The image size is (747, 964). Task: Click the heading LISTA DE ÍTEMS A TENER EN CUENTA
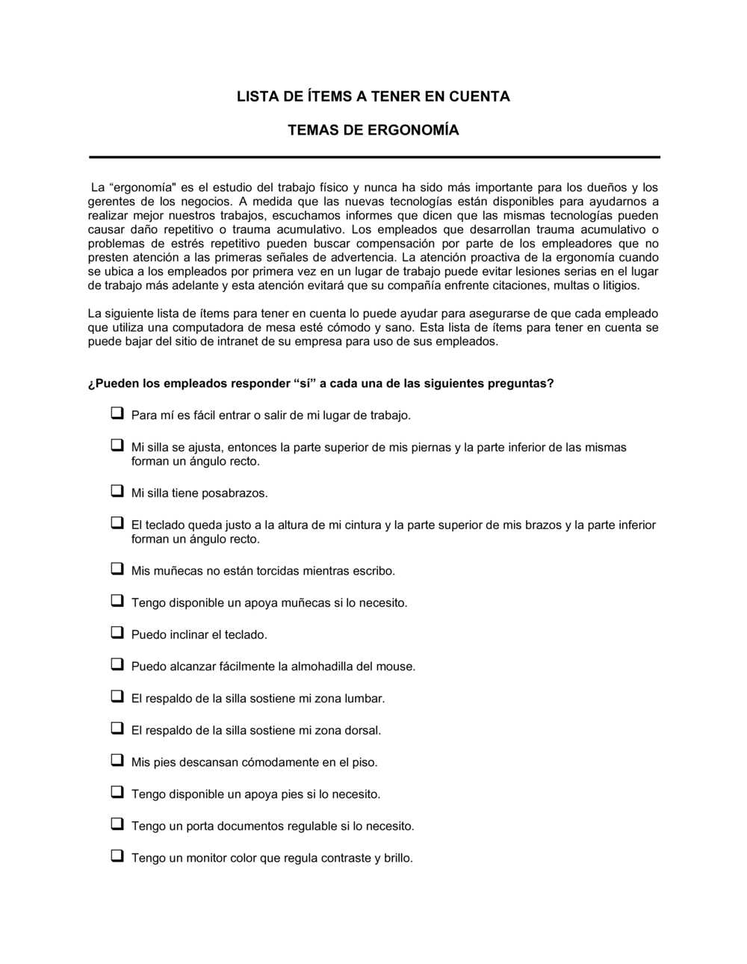point(373,96)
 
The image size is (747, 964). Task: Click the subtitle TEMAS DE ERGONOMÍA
point(373,131)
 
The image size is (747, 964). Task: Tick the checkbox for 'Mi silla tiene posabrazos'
point(117,492)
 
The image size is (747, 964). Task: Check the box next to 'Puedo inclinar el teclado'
point(117,633)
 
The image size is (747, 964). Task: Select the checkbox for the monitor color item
point(117,856)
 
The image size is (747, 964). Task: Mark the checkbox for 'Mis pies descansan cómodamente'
point(117,761)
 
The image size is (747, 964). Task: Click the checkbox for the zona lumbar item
point(117,696)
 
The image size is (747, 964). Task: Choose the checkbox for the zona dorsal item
point(117,729)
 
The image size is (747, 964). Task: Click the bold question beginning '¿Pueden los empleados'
point(320,384)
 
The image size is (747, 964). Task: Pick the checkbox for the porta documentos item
point(117,824)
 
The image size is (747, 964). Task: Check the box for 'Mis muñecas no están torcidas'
point(117,569)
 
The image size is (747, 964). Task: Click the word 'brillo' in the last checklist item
point(397,858)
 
